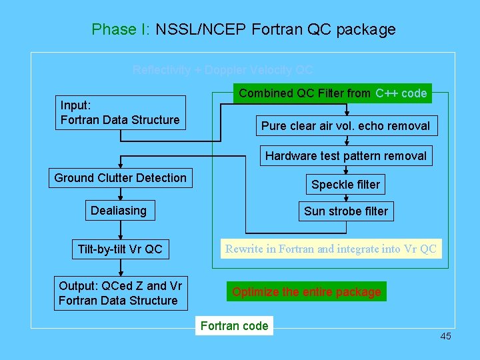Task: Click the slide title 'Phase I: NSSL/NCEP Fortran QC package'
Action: pos(243,29)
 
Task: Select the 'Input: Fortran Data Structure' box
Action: pos(120,113)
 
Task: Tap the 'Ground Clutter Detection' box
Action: pos(120,178)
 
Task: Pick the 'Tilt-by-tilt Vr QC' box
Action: pos(120,249)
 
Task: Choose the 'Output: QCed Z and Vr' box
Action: pos(120,293)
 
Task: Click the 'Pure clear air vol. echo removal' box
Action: pos(345,126)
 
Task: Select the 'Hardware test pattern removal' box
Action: pos(345,156)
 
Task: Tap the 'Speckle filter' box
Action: pos(345,185)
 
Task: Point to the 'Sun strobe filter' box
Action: pos(345,211)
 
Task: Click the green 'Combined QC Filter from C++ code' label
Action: pos(333,93)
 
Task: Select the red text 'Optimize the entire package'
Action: pos(307,292)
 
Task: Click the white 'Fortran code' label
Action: pos(234,326)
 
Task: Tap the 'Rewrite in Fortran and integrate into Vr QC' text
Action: pos(331,249)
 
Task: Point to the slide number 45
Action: pos(445,336)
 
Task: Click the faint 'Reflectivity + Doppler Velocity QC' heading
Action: pos(223,70)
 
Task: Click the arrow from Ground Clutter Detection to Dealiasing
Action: pos(120,194)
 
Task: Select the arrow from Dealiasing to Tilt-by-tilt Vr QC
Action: pos(120,231)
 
